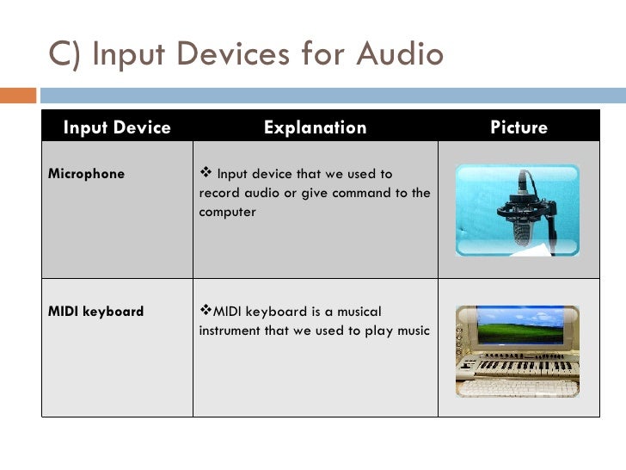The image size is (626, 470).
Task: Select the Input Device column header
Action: click(117, 127)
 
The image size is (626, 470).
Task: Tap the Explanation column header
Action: click(315, 127)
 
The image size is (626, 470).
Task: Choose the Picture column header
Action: click(519, 127)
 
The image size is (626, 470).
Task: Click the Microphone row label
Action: click(86, 174)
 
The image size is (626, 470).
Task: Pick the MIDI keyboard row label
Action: click(95, 311)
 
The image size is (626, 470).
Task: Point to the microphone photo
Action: click(517, 210)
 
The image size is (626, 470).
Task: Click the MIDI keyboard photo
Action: click(517, 350)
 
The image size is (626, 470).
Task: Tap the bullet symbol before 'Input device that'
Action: click(206, 174)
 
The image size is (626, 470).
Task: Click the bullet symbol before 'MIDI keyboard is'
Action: click(205, 311)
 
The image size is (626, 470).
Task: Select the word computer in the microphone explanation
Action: click(227, 212)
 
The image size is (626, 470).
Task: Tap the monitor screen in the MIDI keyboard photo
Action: click(517, 327)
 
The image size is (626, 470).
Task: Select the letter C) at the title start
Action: click(64, 54)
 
